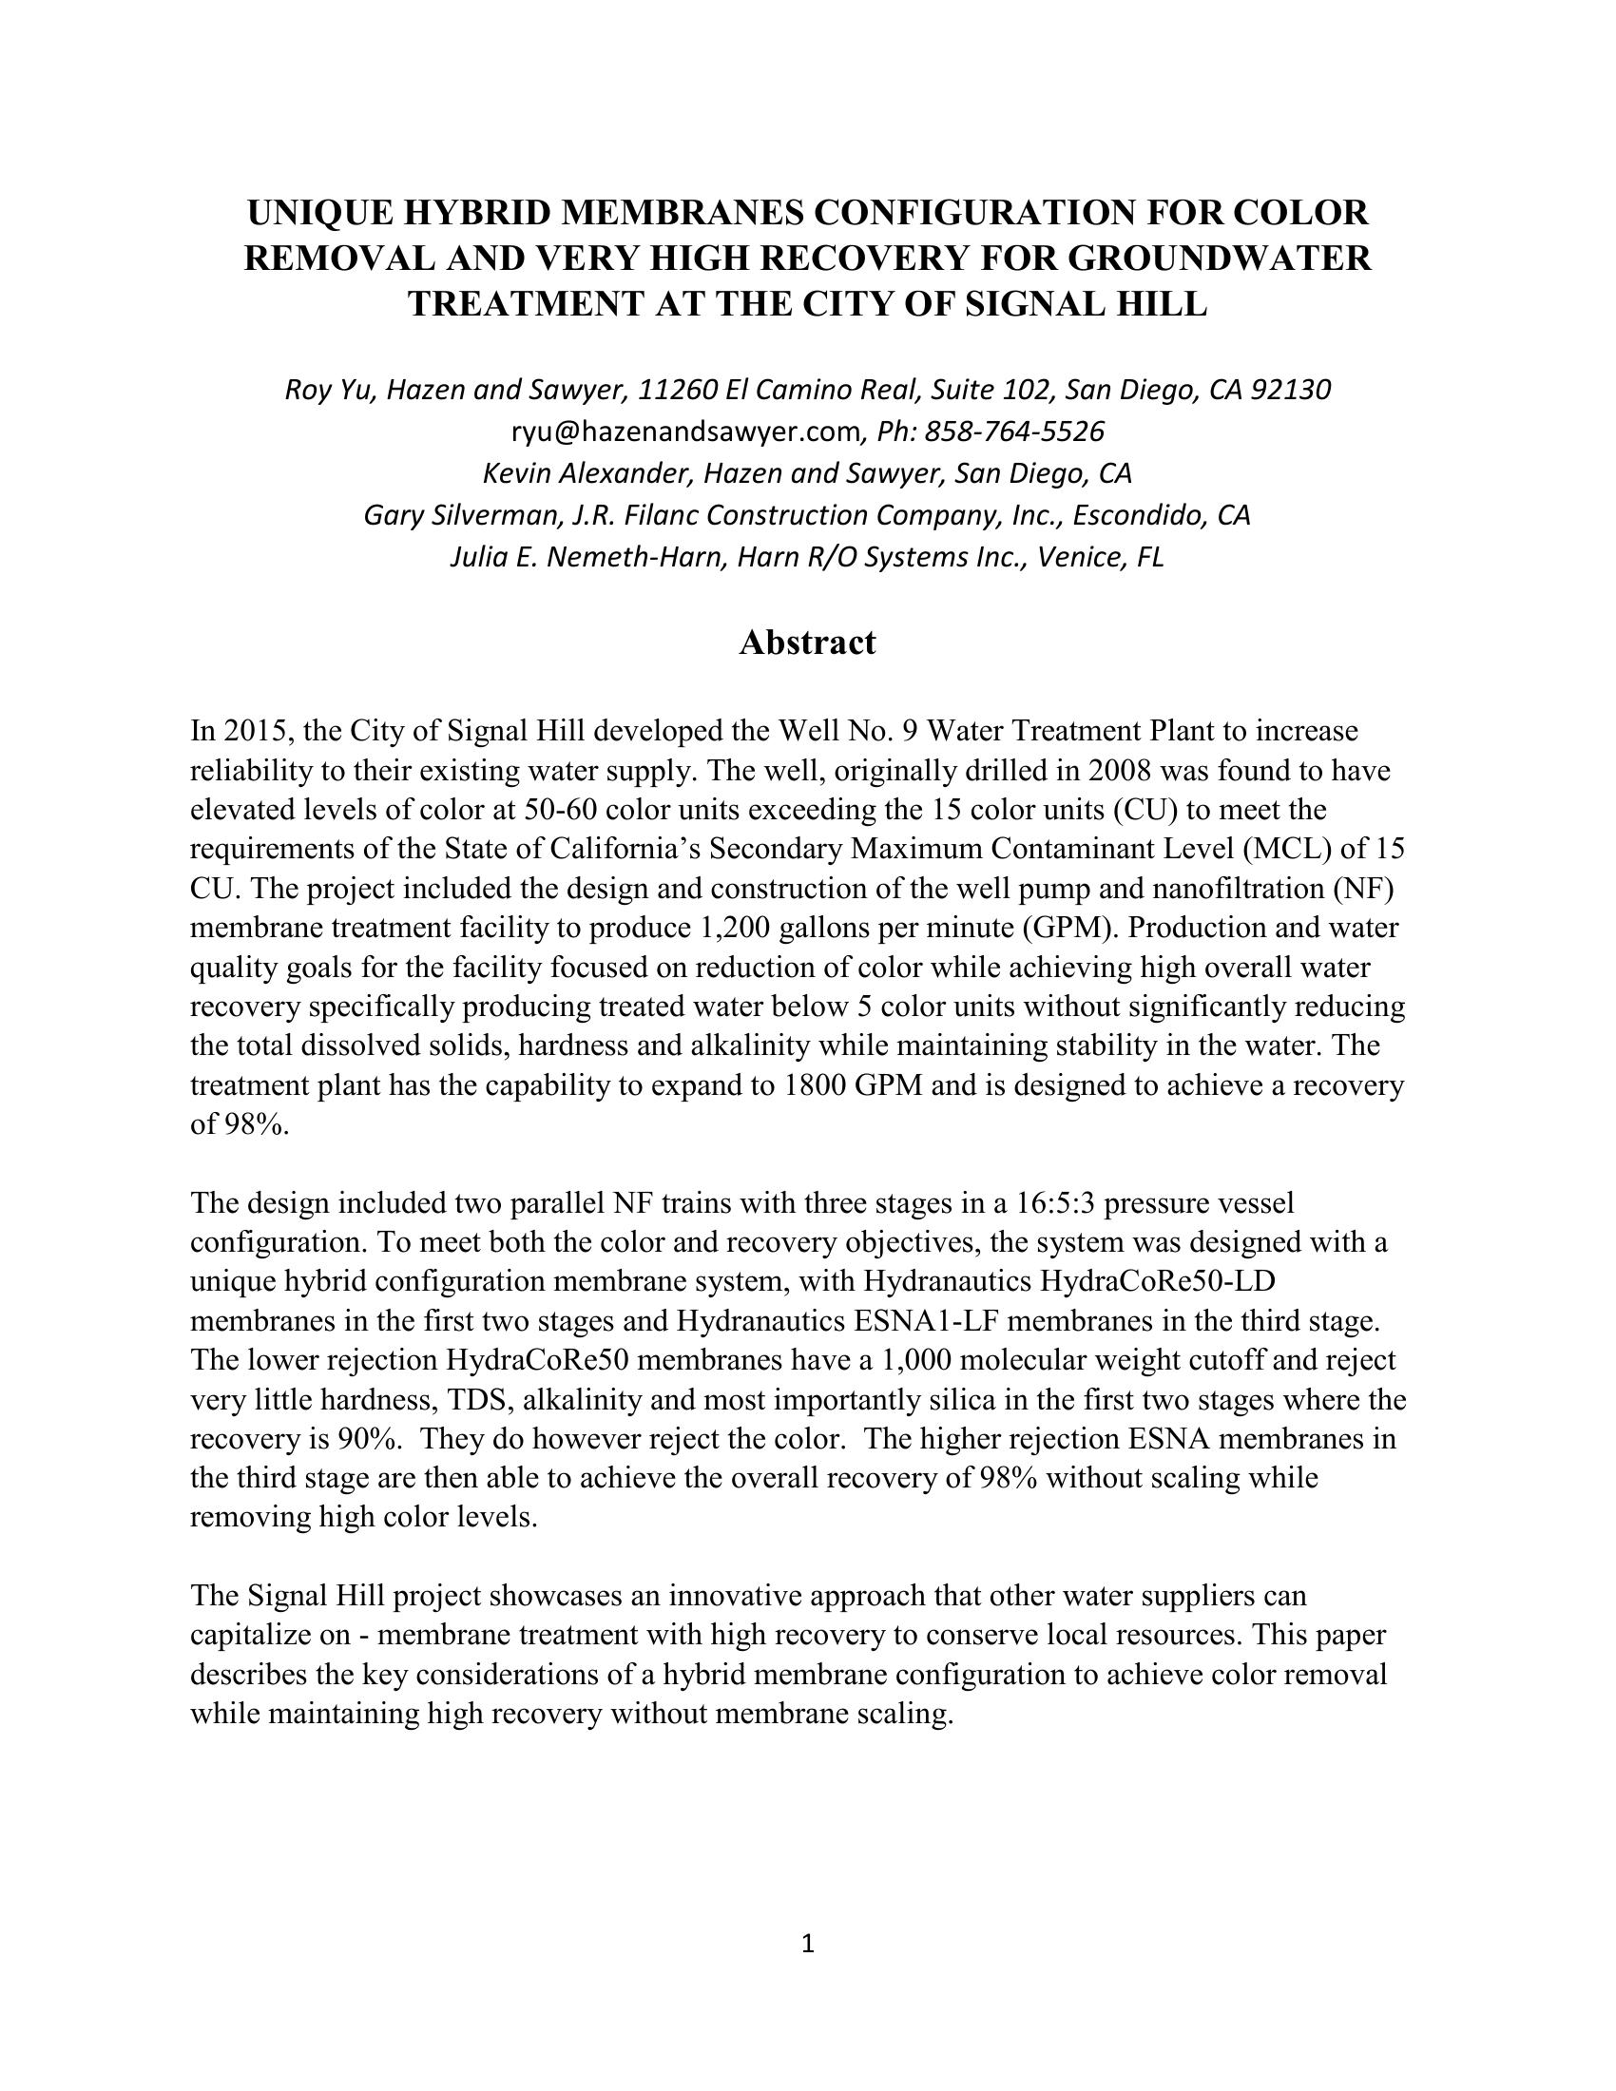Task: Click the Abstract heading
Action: [807, 643]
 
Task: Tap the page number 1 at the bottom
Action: [807, 1943]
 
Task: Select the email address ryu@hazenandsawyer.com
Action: [685, 432]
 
